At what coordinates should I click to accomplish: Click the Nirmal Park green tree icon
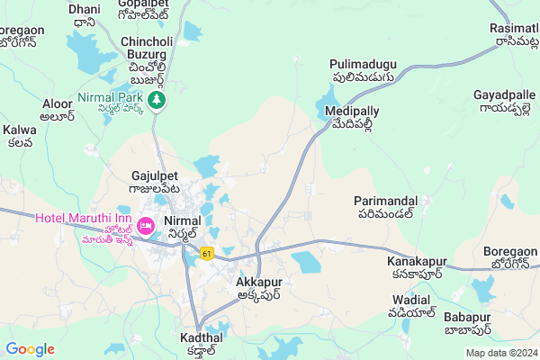[x=158, y=98]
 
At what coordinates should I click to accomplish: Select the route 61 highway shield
[x=208, y=254]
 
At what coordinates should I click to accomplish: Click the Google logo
[x=31, y=349]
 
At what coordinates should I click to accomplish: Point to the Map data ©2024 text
[x=501, y=353]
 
